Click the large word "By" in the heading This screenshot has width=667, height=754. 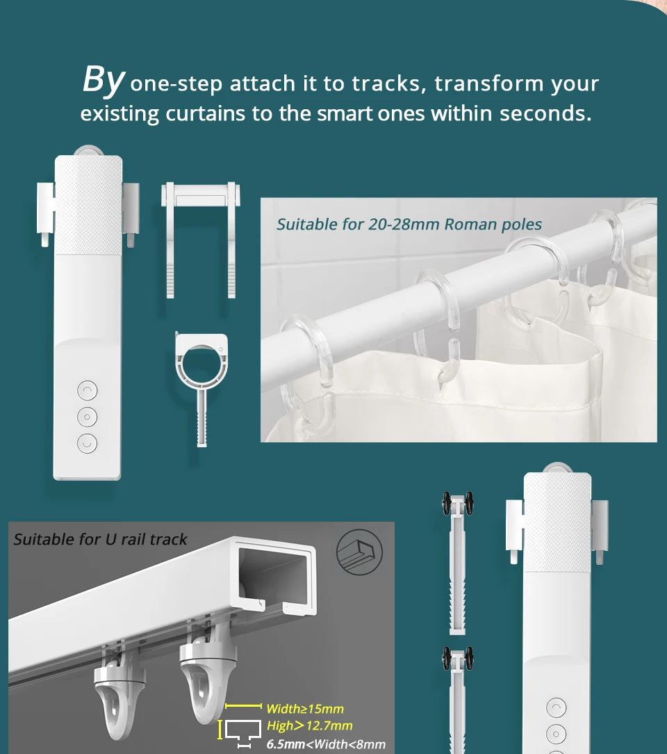(104, 80)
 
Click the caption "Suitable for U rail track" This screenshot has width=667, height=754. (100, 540)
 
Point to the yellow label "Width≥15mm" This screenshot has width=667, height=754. (305, 708)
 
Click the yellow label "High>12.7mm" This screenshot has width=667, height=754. (310, 725)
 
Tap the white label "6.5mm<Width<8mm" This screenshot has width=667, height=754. (326, 744)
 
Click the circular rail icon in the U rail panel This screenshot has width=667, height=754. (360, 552)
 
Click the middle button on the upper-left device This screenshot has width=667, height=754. (88, 417)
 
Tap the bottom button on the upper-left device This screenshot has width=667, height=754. (88, 443)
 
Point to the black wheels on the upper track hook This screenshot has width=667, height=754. (458, 503)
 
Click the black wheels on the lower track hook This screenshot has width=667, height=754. (458, 658)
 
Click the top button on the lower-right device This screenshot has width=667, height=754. (557, 708)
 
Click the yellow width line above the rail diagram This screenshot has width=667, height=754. (243, 706)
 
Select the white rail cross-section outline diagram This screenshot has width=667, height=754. (243, 730)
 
